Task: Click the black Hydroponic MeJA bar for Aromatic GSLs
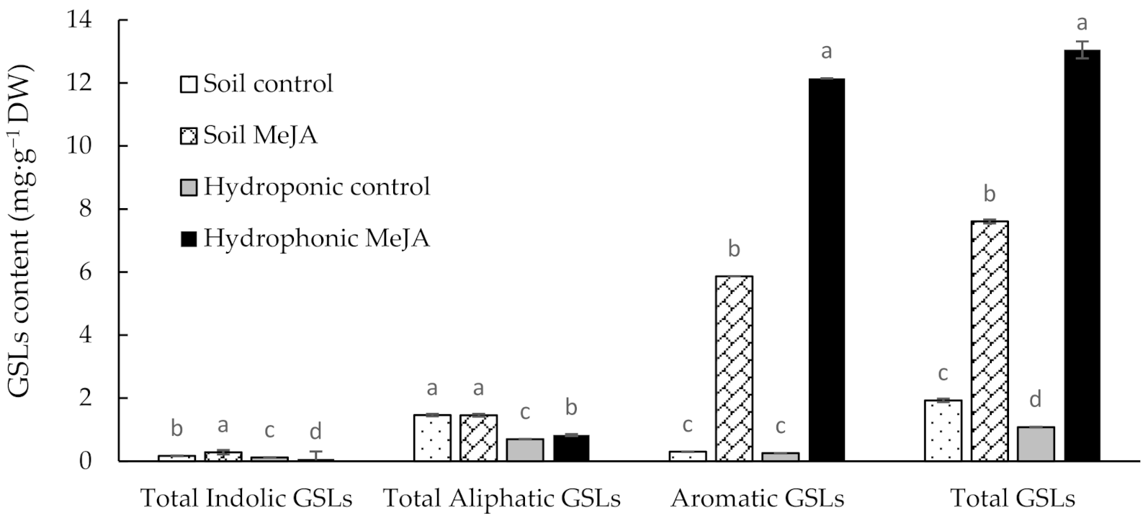click(x=827, y=269)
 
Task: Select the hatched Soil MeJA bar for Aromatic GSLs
click(x=734, y=368)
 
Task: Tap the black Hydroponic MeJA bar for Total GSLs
click(x=1082, y=256)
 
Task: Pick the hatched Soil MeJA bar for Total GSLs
click(x=990, y=341)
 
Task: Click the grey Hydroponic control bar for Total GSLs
click(x=1036, y=444)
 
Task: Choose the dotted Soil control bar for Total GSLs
click(x=943, y=431)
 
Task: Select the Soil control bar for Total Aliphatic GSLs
click(x=432, y=438)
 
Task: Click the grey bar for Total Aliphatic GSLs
click(x=525, y=450)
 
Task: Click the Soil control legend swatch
click(x=187, y=84)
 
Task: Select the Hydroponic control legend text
click(x=317, y=187)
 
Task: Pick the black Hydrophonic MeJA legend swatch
click(x=187, y=238)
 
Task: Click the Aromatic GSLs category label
click(x=758, y=499)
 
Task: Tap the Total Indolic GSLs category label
click(x=246, y=499)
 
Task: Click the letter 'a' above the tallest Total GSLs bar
click(x=1082, y=24)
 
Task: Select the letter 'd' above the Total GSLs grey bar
click(x=1036, y=400)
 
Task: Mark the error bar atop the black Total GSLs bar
click(x=1082, y=50)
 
